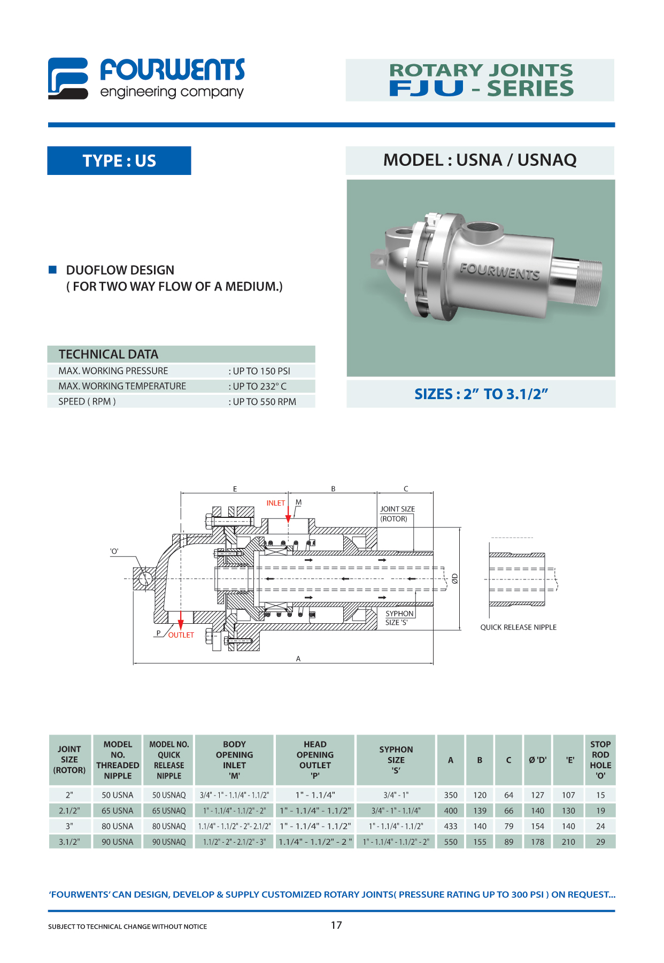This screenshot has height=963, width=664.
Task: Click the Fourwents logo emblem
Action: click(68, 79)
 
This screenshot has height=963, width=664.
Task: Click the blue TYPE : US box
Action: click(119, 160)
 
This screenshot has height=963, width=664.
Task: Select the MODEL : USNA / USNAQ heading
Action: click(480, 160)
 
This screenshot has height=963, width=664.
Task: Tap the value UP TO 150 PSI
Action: click(261, 371)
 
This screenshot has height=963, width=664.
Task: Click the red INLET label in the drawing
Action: click(275, 503)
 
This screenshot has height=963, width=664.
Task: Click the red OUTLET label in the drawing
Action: click(181, 635)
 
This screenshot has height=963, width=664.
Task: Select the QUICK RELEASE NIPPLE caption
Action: click(518, 627)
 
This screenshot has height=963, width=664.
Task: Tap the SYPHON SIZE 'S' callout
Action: click(399, 618)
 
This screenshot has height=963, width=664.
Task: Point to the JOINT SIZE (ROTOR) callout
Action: click(397, 514)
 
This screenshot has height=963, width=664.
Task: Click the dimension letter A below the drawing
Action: click(298, 659)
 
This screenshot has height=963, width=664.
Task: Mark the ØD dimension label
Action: click(454, 578)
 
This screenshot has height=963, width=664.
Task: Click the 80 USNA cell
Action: click(117, 826)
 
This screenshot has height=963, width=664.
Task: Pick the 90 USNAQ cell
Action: click(169, 842)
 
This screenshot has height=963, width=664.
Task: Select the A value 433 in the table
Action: click(451, 826)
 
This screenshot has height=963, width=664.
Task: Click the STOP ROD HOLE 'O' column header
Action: click(600, 760)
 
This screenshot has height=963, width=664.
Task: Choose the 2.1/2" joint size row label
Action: click(70, 811)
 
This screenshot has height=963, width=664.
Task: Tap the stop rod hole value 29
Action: click(600, 842)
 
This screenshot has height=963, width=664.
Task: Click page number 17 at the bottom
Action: click(336, 925)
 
